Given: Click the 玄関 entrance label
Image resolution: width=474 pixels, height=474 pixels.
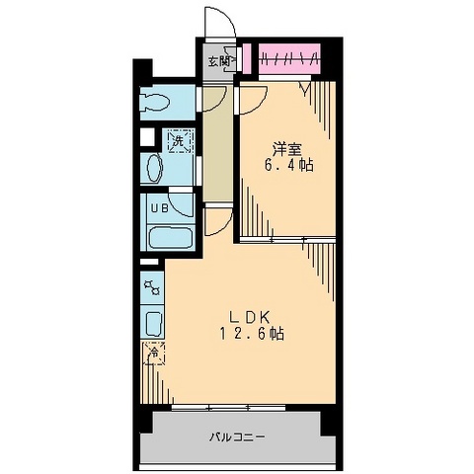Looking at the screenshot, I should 219,60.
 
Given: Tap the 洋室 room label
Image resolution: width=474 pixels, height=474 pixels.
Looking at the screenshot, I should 286,149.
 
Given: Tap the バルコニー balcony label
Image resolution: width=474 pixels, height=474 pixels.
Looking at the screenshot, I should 237,435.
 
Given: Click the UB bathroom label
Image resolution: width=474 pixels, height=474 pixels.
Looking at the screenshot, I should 158,207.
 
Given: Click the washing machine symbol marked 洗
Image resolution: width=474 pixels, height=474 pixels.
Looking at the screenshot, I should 178,141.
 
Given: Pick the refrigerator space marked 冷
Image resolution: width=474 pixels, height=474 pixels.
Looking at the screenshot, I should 154,351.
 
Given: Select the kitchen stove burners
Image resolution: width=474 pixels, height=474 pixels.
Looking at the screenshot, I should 153,288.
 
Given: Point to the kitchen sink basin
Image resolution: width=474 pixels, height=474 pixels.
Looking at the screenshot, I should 154,322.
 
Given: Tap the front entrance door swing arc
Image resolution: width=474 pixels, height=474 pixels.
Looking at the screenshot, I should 217,25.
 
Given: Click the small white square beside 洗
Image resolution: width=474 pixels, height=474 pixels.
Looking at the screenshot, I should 147,139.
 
